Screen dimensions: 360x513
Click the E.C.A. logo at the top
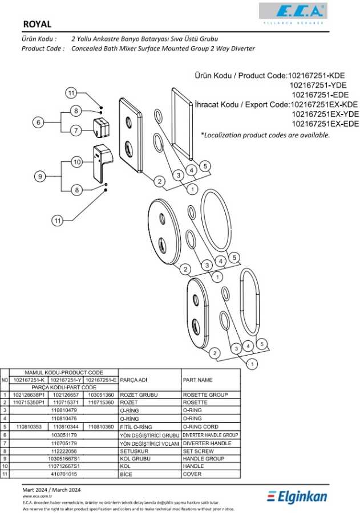tap(293, 13)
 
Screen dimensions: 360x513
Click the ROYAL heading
tap(37, 24)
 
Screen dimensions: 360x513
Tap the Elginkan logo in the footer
tap(297, 496)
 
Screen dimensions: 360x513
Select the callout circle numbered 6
tap(38, 123)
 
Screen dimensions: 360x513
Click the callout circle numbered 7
tap(76, 131)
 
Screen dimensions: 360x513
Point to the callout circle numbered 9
tap(40, 177)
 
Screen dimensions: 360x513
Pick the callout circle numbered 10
tap(77, 162)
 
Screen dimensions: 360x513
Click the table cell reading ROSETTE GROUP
tap(205, 395)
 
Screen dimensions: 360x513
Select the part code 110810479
tap(64, 410)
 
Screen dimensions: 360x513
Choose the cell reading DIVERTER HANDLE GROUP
tap(210, 435)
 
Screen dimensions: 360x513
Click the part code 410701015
tap(64, 474)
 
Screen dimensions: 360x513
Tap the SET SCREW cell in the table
tap(198, 451)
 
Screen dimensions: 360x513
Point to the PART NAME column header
tap(197, 380)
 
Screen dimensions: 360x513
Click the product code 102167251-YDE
tap(318, 85)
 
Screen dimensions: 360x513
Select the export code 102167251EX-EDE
tap(325, 124)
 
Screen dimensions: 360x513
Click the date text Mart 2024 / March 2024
tap(51, 490)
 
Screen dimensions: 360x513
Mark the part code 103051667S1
tap(64, 459)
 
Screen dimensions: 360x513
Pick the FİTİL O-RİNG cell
tap(136, 427)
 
